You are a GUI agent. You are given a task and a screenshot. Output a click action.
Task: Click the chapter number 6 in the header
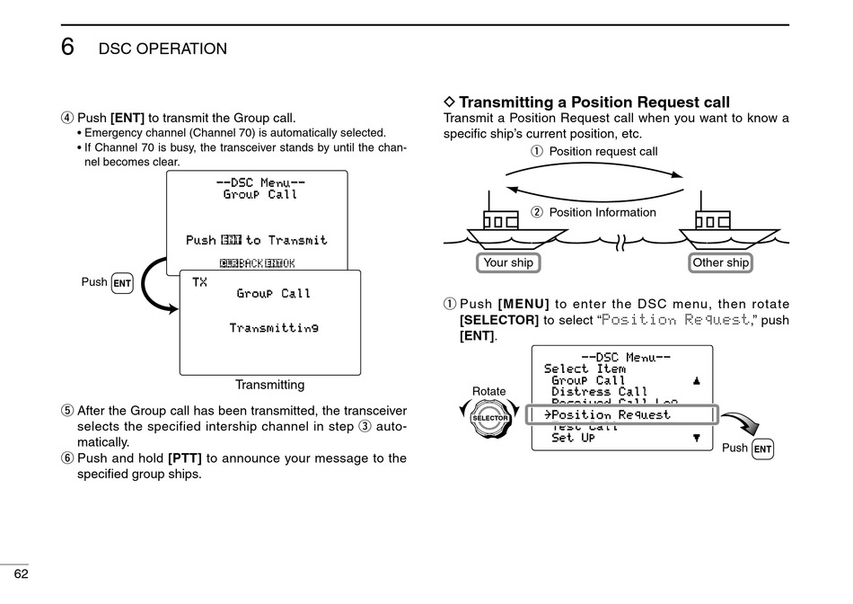(x=68, y=48)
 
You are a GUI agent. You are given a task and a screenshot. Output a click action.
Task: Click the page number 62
(x=21, y=574)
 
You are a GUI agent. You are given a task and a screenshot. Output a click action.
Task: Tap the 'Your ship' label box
(x=508, y=262)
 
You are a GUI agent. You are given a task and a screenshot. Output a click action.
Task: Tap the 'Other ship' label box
(x=720, y=262)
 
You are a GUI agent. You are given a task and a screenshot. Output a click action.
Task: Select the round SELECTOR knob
(x=490, y=419)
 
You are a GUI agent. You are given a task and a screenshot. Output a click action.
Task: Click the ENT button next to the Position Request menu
(x=762, y=449)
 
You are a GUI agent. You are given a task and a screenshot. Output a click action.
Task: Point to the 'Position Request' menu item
(x=611, y=415)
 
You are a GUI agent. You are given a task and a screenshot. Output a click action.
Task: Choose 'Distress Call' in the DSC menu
(x=599, y=392)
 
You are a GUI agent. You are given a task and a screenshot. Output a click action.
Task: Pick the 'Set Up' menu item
(x=573, y=439)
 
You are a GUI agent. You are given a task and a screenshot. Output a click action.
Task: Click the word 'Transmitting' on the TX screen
(x=274, y=328)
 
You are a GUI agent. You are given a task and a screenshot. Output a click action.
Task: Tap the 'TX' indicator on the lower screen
(x=199, y=282)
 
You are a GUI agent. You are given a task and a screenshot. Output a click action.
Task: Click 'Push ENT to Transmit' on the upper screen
(x=257, y=240)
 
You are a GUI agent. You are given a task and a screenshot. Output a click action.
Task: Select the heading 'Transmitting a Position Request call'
(x=594, y=102)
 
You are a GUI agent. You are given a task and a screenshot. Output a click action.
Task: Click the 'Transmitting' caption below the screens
(x=269, y=385)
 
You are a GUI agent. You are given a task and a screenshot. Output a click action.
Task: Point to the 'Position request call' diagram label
(x=602, y=151)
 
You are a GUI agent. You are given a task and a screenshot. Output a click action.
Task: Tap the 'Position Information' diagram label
(x=602, y=213)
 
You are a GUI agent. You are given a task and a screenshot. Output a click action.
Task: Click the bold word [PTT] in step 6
(x=185, y=458)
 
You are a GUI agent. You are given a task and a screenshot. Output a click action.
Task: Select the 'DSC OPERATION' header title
(x=163, y=49)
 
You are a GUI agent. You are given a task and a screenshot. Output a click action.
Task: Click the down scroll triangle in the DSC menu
(x=697, y=438)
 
